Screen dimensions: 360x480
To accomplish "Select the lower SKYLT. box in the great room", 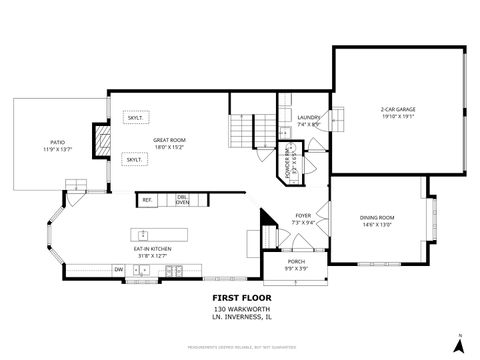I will [134, 159].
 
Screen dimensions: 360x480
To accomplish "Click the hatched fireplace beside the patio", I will [101, 141].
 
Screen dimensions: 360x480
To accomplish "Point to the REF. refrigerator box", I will [146, 200].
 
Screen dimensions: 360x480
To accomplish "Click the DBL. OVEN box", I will [182, 199].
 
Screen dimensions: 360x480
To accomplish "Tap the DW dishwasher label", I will [118, 268].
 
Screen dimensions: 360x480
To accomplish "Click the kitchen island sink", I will [172, 268].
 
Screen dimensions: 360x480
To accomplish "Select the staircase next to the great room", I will [243, 131].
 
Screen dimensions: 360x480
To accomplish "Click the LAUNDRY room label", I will [308, 121].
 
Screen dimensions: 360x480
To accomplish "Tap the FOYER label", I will [303, 217].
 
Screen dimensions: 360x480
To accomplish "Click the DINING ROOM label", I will [377, 220].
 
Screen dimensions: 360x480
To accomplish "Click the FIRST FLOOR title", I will [238, 297].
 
